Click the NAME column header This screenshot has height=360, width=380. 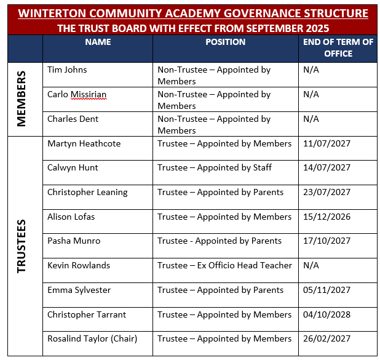pyautogui.click(x=98, y=42)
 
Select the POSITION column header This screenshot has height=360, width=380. pyautogui.click(x=225, y=42)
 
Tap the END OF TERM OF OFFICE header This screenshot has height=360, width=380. pyautogui.click(x=338, y=48)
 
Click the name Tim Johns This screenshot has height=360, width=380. pyautogui.click(x=67, y=70)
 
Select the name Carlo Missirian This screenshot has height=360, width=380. pyautogui.click(x=77, y=95)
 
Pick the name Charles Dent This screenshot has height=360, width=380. pyautogui.click(x=73, y=119)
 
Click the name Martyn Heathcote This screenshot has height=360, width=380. pyautogui.click(x=84, y=143)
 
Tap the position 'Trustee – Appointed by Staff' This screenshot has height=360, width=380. pyautogui.click(x=215, y=167)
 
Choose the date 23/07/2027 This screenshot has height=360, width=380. pyautogui.click(x=327, y=192)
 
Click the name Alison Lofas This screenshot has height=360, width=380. pyautogui.click(x=71, y=217)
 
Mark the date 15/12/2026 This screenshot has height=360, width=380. pyautogui.click(x=327, y=217)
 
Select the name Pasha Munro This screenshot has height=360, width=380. pyautogui.click(x=74, y=241)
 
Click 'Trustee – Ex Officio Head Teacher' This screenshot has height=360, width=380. pyautogui.click(x=224, y=265)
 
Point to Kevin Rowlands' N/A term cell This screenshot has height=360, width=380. pyautogui.click(x=311, y=265)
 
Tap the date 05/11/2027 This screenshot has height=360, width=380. pyautogui.click(x=327, y=290)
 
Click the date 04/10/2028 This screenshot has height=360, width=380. pyautogui.click(x=327, y=314)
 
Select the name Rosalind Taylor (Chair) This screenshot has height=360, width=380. pyautogui.click(x=92, y=338)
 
